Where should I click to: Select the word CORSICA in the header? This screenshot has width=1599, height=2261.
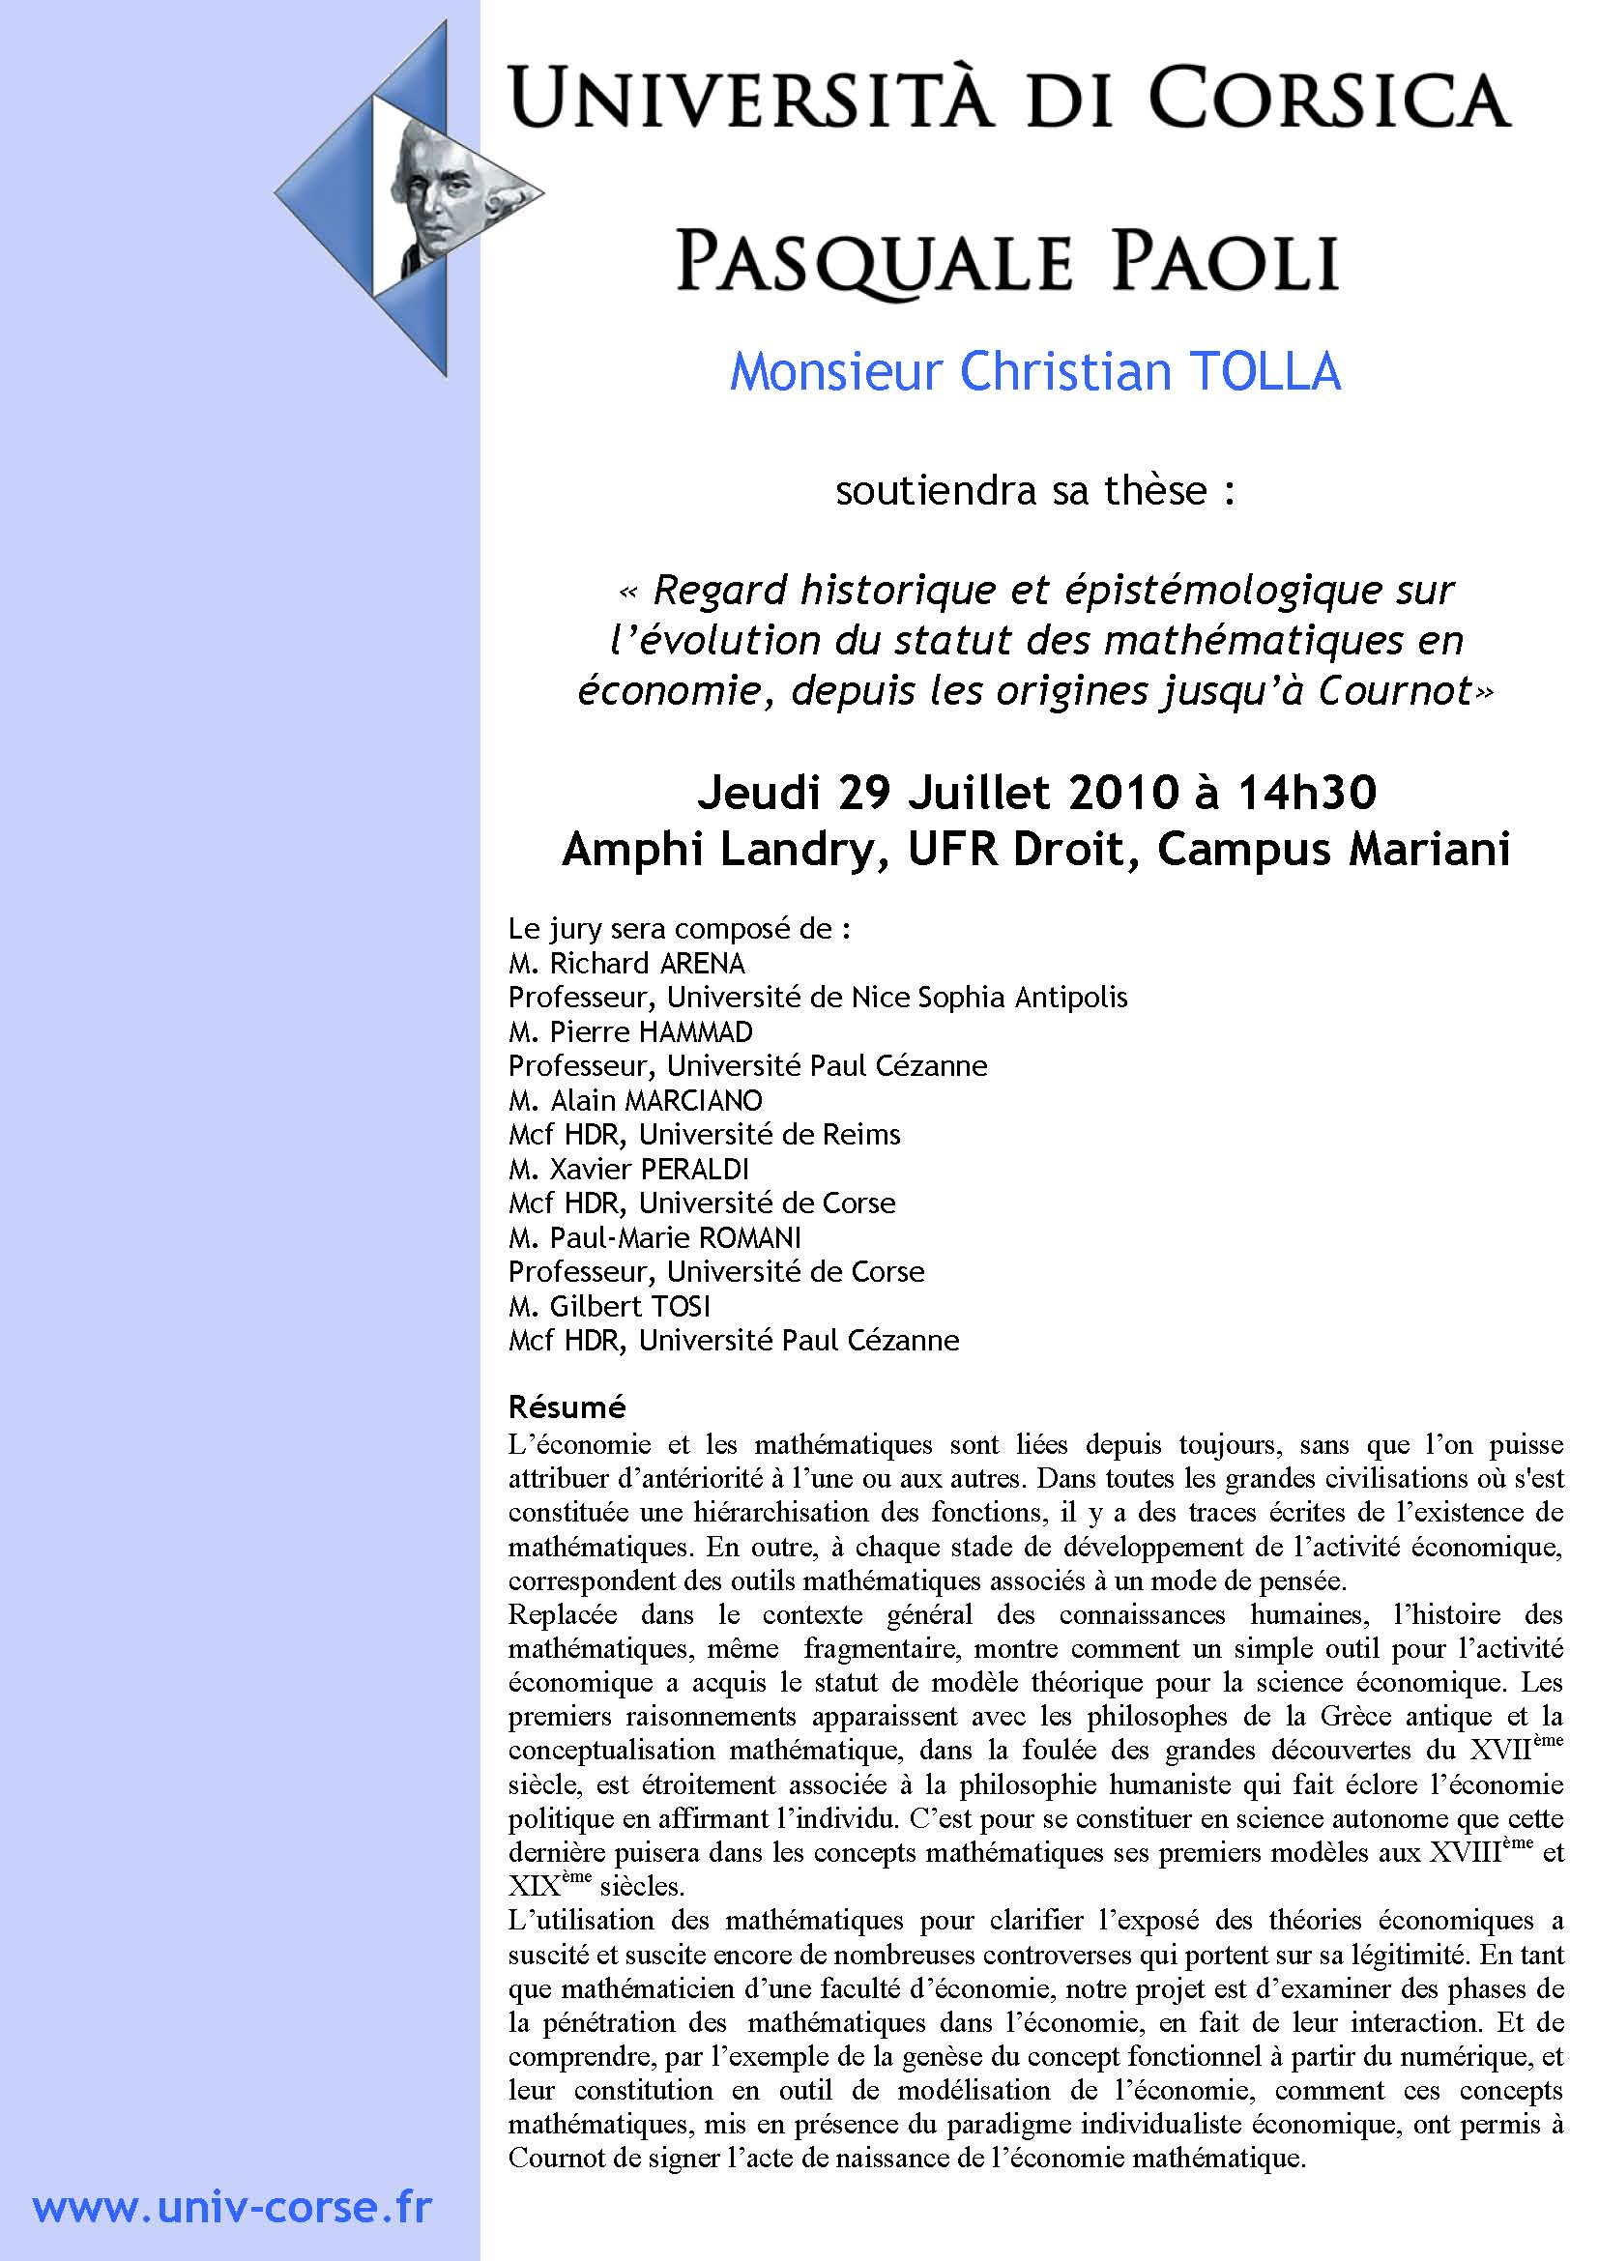click(1329, 99)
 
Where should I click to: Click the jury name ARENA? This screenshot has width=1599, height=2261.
click(702, 963)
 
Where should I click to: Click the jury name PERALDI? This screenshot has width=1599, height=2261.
click(695, 1169)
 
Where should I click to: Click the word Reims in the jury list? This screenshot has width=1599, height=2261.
click(863, 1135)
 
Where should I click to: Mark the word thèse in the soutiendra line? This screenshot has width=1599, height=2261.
click(1155, 490)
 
